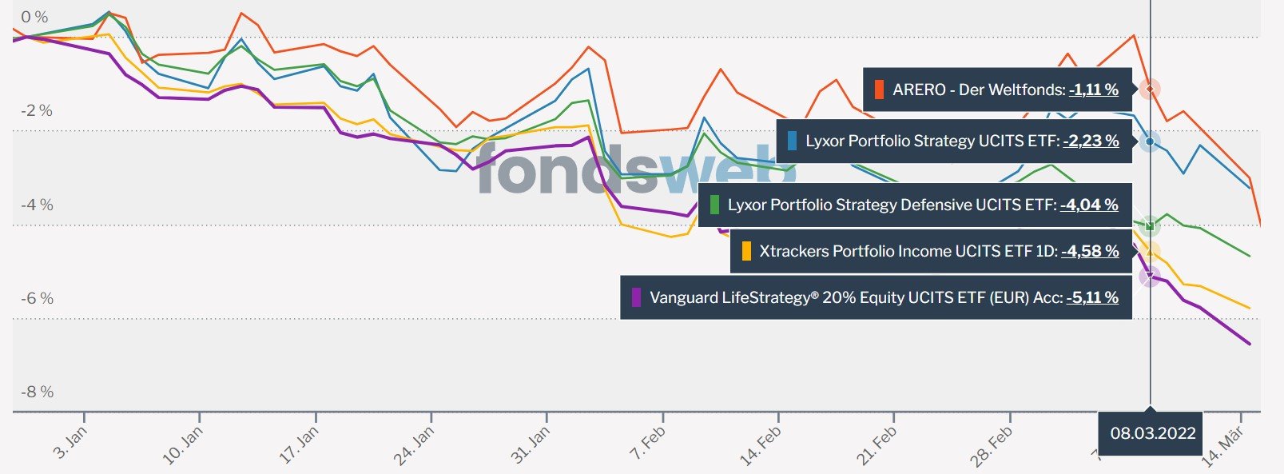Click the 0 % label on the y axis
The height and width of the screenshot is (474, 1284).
[x=34, y=17]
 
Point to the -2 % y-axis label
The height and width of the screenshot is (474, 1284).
[x=36, y=110]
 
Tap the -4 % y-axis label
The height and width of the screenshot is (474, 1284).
[x=36, y=205]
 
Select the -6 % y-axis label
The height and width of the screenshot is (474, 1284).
[x=36, y=298]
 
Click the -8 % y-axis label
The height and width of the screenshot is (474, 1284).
[x=36, y=392]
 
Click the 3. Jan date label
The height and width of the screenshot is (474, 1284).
[x=70, y=443]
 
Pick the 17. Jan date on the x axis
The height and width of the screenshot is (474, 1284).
[x=299, y=445]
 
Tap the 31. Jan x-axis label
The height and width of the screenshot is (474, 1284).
[x=531, y=445]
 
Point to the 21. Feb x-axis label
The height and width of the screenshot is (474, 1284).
[x=877, y=445]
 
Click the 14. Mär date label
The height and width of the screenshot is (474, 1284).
[x=1222, y=445]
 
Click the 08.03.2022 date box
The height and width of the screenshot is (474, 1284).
[x=1152, y=433]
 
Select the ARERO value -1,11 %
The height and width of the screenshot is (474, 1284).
[x=1094, y=90]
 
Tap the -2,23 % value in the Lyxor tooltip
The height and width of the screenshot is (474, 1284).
[x=1091, y=141]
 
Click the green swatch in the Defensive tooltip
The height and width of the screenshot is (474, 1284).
[x=714, y=205]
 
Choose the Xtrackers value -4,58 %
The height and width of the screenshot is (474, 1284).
[x=1090, y=251]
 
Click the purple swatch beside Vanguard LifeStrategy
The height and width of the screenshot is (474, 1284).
[x=637, y=297]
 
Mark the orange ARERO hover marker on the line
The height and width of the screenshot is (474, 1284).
[x=1150, y=89]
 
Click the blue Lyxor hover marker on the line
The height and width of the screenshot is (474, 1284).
[x=1150, y=141]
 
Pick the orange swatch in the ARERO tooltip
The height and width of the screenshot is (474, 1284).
[x=879, y=90]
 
